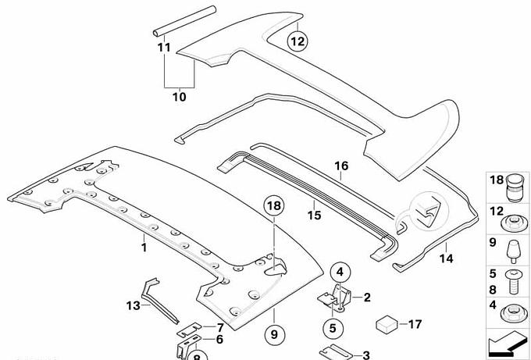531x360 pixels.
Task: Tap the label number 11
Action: [163, 48]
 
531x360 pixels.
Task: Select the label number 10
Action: [179, 98]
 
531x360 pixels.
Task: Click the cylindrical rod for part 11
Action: [184, 21]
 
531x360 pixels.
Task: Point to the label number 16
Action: [340, 166]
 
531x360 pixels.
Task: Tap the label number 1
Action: [143, 247]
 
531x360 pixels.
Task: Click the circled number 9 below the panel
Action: [274, 335]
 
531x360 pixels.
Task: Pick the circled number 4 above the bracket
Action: [340, 272]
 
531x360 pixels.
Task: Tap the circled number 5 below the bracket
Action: [332, 327]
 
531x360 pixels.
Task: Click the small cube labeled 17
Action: [386, 323]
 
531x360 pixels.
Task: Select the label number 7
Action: [220, 326]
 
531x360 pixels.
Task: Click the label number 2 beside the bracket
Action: [368, 297]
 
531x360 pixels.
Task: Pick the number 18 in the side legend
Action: [497, 181]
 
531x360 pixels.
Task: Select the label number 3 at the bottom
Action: [366, 355]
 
